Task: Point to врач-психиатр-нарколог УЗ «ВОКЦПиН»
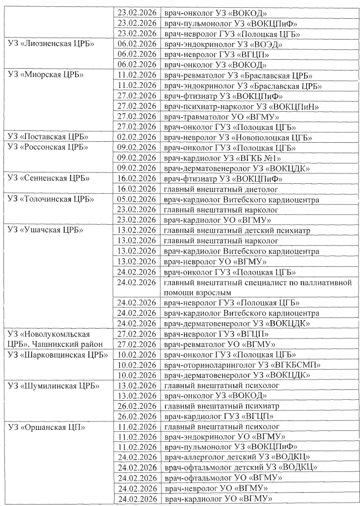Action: pos(241,106)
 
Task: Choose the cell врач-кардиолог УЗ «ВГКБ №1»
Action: pos(227,158)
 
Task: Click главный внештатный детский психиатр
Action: pos(235,231)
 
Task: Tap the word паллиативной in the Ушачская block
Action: pos(320,283)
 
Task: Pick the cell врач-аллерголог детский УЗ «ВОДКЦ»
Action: pos(241,458)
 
